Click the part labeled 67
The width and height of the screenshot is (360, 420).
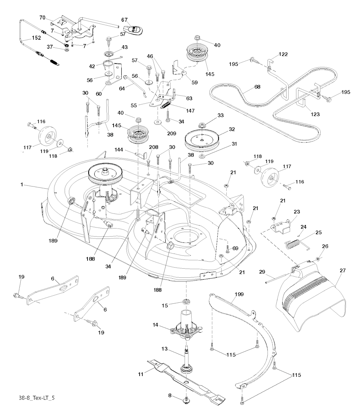click(135, 29)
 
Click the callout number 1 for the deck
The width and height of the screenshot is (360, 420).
click(22, 184)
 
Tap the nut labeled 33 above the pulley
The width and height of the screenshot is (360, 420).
click(202, 125)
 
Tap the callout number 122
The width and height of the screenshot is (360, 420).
click(283, 54)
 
